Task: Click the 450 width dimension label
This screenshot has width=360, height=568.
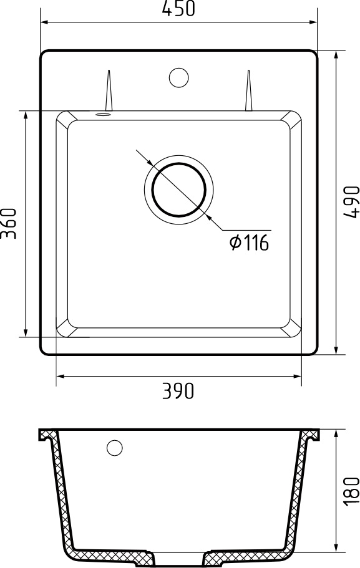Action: click(178, 9)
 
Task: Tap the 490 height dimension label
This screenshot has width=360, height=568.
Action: click(351, 202)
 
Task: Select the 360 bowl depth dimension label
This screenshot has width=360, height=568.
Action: click(9, 223)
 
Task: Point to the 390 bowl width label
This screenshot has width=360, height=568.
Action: click(178, 391)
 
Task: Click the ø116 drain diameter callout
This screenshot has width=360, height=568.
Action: click(249, 243)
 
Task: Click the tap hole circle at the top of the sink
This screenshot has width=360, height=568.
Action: click(178, 77)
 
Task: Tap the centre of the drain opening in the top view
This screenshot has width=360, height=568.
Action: click(179, 190)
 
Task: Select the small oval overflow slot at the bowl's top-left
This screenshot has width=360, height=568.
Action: click(102, 115)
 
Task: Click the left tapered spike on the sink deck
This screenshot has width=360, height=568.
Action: click(109, 90)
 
